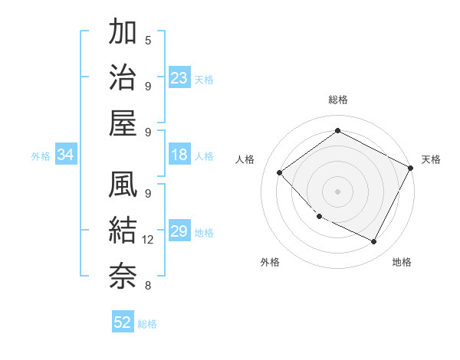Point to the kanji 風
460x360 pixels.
[x=123, y=185]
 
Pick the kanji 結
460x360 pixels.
[x=123, y=230]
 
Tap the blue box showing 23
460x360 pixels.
[x=179, y=77]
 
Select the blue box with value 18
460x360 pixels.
[x=179, y=155]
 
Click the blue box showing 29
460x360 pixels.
[x=179, y=231]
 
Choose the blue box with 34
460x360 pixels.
[x=65, y=155]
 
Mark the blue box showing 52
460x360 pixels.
[x=123, y=322]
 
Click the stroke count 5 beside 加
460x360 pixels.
[x=148, y=40]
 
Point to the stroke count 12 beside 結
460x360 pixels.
[x=148, y=240]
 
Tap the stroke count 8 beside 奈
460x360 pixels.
[x=148, y=286]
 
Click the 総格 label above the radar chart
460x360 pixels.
[x=337, y=100]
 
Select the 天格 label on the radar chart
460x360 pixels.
[x=431, y=159]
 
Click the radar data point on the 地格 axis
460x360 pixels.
[x=374, y=242]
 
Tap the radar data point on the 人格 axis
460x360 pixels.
[x=280, y=173]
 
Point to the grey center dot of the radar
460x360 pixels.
[x=337, y=191]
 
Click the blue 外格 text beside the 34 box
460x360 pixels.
[x=41, y=156]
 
